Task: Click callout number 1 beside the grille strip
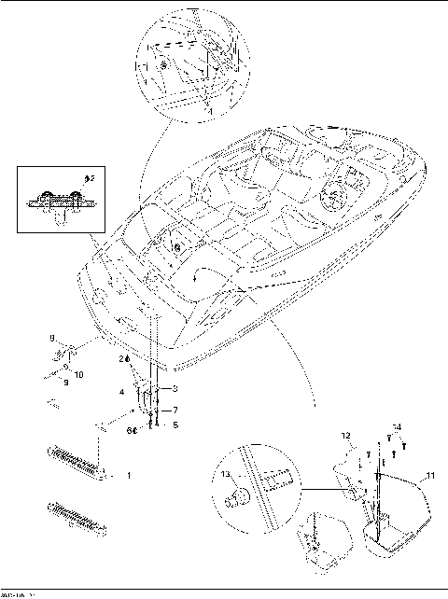[128, 475]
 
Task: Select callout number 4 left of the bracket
[121, 392]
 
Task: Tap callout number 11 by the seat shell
[429, 477]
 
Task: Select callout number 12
[344, 436]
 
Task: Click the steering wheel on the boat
[331, 199]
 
